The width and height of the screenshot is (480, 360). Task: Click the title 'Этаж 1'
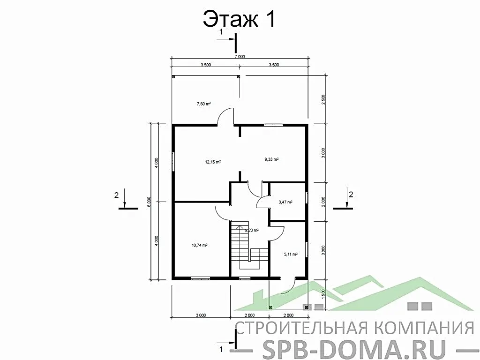coord(239,19)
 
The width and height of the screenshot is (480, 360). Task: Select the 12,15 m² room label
coord(213,162)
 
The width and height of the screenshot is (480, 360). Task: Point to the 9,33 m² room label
coord(272,159)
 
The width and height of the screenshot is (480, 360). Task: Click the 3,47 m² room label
coord(285,202)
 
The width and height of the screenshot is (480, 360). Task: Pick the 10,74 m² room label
coord(200,245)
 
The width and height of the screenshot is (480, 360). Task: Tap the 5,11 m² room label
coord(291,255)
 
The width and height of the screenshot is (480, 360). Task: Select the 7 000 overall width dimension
coord(239,56)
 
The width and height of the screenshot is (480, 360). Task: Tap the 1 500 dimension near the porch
coord(324,293)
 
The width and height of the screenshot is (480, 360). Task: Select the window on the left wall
coord(173,162)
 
